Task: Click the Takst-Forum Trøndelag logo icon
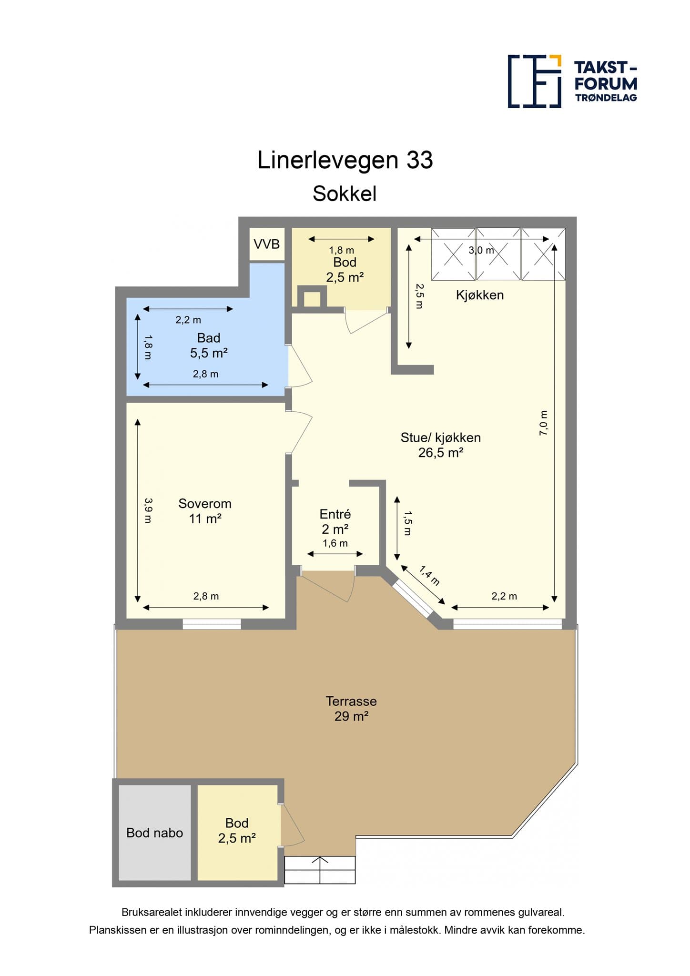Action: tap(534, 81)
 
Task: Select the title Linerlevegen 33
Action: tap(345, 160)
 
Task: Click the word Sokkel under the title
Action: tap(345, 194)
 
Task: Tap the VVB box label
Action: tap(267, 244)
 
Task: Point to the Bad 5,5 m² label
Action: tap(209, 346)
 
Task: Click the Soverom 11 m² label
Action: tap(205, 511)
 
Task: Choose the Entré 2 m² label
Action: tap(335, 521)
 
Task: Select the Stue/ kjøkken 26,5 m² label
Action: tap(440, 445)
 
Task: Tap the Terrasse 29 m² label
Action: tap(351, 708)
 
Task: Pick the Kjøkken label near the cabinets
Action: tap(480, 295)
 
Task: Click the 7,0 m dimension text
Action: tap(543, 423)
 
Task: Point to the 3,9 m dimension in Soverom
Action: tap(148, 510)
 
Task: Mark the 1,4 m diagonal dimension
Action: tap(429, 575)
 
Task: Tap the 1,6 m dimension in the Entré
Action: tap(335, 543)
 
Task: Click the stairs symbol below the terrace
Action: tap(320, 870)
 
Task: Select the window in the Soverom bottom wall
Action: tap(212, 624)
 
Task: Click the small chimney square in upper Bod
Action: tap(312, 298)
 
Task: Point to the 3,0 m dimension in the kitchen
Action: tap(481, 250)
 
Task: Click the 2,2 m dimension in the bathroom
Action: tap(188, 320)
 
